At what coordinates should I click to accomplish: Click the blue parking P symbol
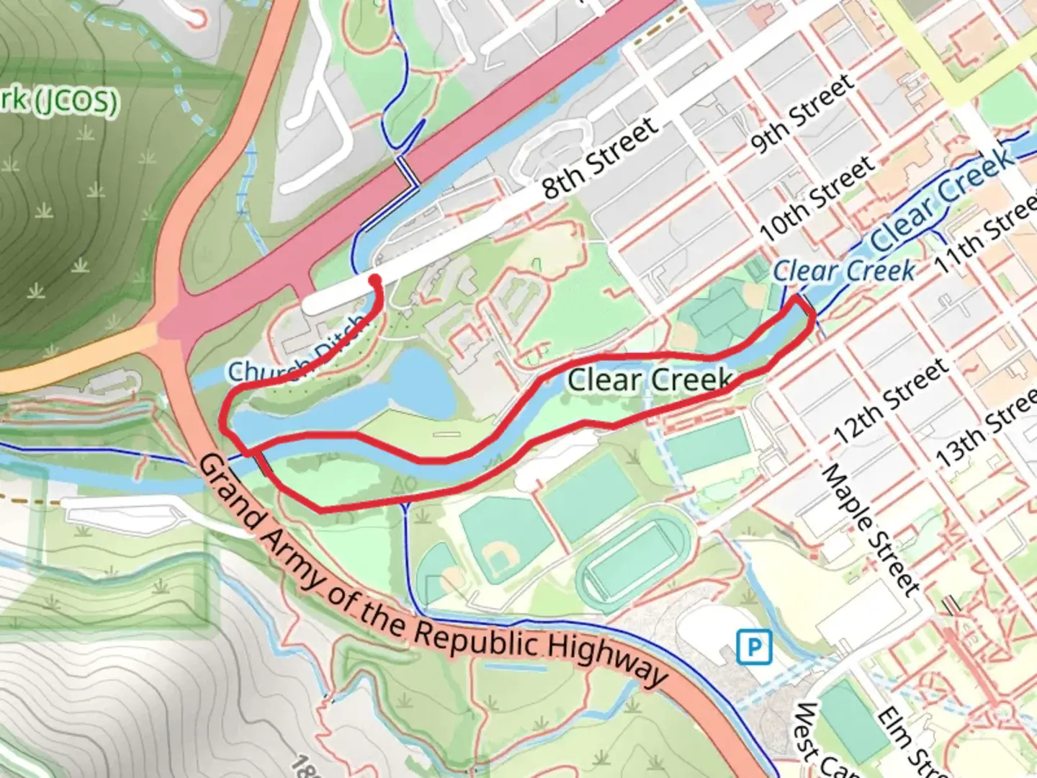[x=754, y=647]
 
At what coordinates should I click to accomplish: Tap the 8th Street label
[x=600, y=158]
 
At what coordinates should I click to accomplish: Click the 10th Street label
[x=817, y=200]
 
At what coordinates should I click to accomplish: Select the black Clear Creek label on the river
[x=650, y=380]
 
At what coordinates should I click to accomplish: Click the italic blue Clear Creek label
[x=844, y=271]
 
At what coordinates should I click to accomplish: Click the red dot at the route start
[x=374, y=280]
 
